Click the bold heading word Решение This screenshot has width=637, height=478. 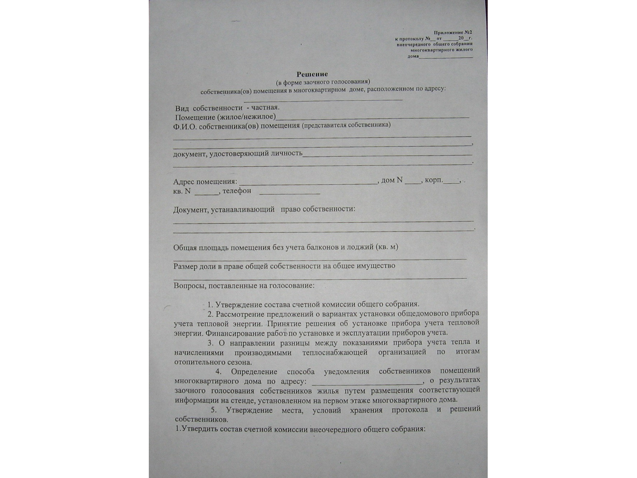click(x=312, y=74)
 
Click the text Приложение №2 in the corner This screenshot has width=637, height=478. click(x=453, y=32)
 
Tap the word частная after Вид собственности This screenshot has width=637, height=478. click(x=265, y=107)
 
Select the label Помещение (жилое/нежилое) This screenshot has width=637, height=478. click(x=225, y=117)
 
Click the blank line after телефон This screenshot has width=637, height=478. click(x=290, y=193)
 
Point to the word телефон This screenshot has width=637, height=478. click(x=237, y=191)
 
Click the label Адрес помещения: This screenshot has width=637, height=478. click(x=205, y=182)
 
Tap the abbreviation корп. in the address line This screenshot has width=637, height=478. click(x=434, y=180)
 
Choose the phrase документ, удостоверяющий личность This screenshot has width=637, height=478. click(x=238, y=153)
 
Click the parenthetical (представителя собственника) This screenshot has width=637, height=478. click(x=346, y=125)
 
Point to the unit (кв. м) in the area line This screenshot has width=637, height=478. click(x=387, y=246)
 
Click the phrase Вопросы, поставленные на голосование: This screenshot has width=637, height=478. click(x=244, y=286)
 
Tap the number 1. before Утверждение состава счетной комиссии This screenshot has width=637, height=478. click(x=210, y=304)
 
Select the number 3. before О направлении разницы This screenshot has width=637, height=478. click(x=211, y=343)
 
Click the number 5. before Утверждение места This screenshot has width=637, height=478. click(x=213, y=410)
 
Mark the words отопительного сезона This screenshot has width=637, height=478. click(x=213, y=362)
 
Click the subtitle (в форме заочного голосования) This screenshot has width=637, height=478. click(x=323, y=82)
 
